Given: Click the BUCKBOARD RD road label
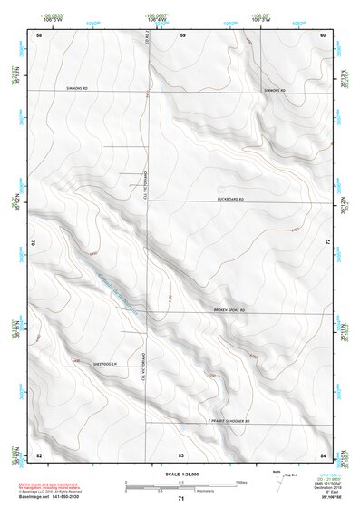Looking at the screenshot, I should tap(232, 198).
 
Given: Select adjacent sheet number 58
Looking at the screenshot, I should tap(38, 34).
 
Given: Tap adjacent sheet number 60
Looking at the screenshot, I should tap(323, 34).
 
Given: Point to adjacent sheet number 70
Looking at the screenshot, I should tap(38, 242).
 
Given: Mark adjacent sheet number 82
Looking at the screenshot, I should tap(38, 453).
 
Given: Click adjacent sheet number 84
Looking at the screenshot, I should tap(323, 453).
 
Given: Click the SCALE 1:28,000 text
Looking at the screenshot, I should tap(180, 474).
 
